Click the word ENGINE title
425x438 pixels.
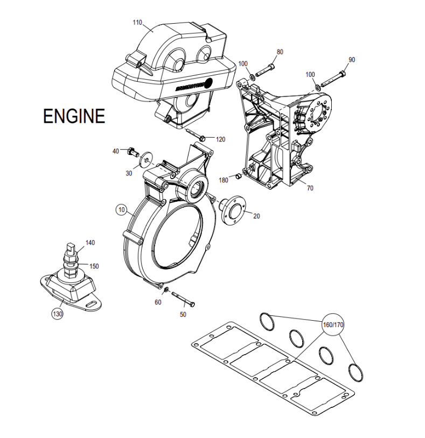(74, 116)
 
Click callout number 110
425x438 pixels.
(138, 22)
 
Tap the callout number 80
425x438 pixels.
(280, 52)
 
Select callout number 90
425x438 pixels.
(351, 60)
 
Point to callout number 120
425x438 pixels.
(220, 139)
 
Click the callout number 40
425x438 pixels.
(115, 151)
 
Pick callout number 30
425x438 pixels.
(129, 173)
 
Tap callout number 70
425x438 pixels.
(310, 188)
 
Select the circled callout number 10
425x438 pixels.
(122, 210)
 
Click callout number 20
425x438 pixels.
(256, 216)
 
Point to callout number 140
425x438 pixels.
(90, 243)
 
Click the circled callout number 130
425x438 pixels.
(57, 314)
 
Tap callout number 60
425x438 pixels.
(157, 302)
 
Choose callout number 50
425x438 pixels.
(183, 314)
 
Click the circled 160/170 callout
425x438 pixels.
(333, 325)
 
